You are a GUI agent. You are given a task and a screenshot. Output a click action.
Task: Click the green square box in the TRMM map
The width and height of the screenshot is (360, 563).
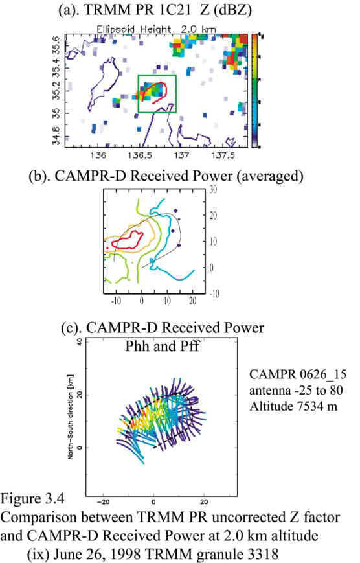tap(157, 75)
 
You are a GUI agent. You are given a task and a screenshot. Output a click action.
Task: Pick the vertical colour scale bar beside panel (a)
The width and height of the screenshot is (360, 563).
tap(254, 91)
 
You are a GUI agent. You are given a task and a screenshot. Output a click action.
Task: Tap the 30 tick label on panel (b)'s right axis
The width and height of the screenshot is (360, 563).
tap(213, 189)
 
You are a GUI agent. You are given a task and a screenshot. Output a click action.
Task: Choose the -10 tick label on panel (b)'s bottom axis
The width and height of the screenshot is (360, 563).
tap(116, 301)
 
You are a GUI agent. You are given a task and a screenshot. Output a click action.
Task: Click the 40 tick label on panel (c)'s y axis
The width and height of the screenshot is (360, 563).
tap(80, 342)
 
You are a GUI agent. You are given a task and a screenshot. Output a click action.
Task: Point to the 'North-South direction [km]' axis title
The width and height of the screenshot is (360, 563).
tap(71, 425)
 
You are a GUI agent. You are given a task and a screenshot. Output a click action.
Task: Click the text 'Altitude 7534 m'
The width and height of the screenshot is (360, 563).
tap(293, 406)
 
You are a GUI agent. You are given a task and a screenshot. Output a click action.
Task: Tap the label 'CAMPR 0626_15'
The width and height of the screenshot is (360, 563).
tap(298, 374)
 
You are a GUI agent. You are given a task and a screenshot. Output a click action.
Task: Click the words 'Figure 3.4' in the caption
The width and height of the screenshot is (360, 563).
tap(32, 499)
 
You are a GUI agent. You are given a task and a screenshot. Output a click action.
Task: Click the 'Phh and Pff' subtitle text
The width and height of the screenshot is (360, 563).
tap(163, 347)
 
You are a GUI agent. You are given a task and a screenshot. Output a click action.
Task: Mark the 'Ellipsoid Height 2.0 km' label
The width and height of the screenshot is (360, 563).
tap(157, 29)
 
